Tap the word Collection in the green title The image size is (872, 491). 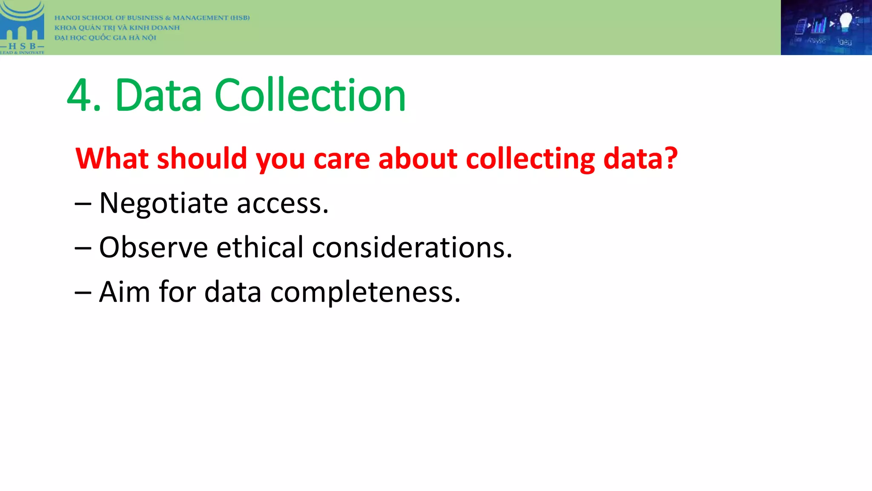tap(310, 95)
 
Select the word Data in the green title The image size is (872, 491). tap(158, 95)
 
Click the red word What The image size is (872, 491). tap(112, 159)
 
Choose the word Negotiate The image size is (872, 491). tap(163, 203)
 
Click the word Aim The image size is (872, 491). tap(124, 292)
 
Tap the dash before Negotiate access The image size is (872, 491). tap(83, 204)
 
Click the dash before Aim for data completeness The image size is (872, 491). tap(83, 293)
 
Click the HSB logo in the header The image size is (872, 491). tap(22, 27)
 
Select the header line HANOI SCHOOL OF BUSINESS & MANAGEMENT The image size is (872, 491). tap(152, 18)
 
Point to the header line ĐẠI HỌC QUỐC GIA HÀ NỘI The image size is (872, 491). tap(105, 38)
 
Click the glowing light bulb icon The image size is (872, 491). tap(845, 21)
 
